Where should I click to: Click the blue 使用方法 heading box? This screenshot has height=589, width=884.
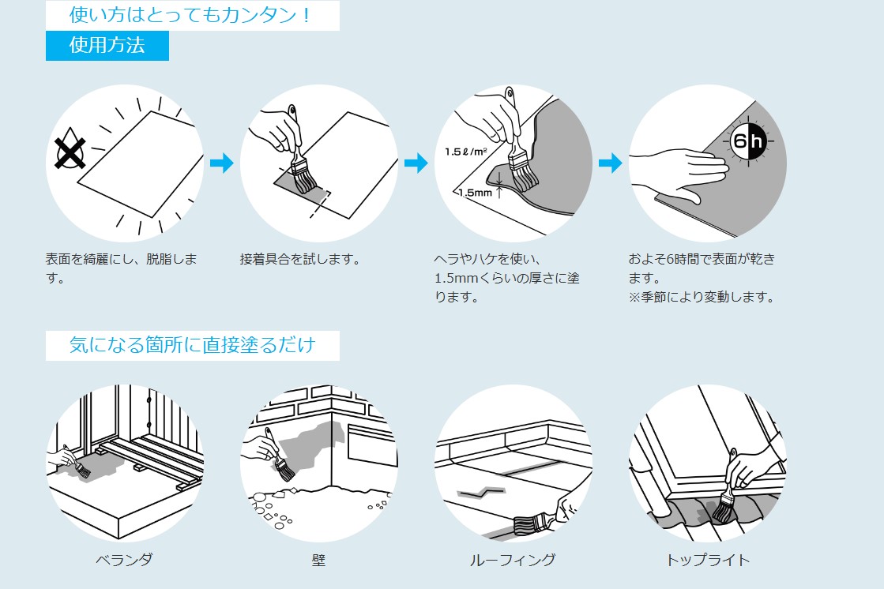(107, 46)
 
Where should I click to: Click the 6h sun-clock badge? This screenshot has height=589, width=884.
(747, 142)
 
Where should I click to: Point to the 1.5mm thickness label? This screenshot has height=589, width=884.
(475, 192)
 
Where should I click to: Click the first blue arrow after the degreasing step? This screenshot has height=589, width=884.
(222, 163)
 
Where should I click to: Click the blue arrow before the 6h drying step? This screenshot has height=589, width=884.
(610, 163)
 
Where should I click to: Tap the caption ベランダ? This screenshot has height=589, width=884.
(124, 560)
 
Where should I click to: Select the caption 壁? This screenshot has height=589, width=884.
(318, 560)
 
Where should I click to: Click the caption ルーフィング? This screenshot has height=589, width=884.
(513, 560)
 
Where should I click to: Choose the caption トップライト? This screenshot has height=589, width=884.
(708, 560)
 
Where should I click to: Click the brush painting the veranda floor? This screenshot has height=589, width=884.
(82, 470)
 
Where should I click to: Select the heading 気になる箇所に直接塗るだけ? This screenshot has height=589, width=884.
(192, 345)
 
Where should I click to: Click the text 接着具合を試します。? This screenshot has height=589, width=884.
(300, 259)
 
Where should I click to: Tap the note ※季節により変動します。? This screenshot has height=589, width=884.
(701, 298)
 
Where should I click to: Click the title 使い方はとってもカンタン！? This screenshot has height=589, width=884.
(192, 14)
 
